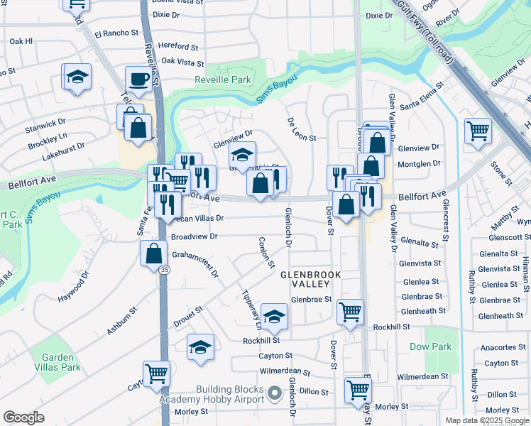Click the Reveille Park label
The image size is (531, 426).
pyautogui.click(x=223, y=80)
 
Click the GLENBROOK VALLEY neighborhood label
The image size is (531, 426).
pyautogui.click(x=311, y=278)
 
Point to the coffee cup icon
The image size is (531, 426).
pyautogui.click(x=138, y=78)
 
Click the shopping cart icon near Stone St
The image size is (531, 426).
pyautogui.click(x=478, y=131)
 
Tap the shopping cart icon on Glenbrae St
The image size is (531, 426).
pyautogui.click(x=350, y=311)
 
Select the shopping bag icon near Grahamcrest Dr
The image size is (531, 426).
pyautogui.click(x=154, y=253)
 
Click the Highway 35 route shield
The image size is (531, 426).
pyautogui.click(x=165, y=270)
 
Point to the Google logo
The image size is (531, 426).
pyautogui.click(x=23, y=417)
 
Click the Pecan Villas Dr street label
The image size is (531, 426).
pyautogui.click(x=200, y=219)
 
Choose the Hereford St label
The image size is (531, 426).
pyautogui.click(x=178, y=45)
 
